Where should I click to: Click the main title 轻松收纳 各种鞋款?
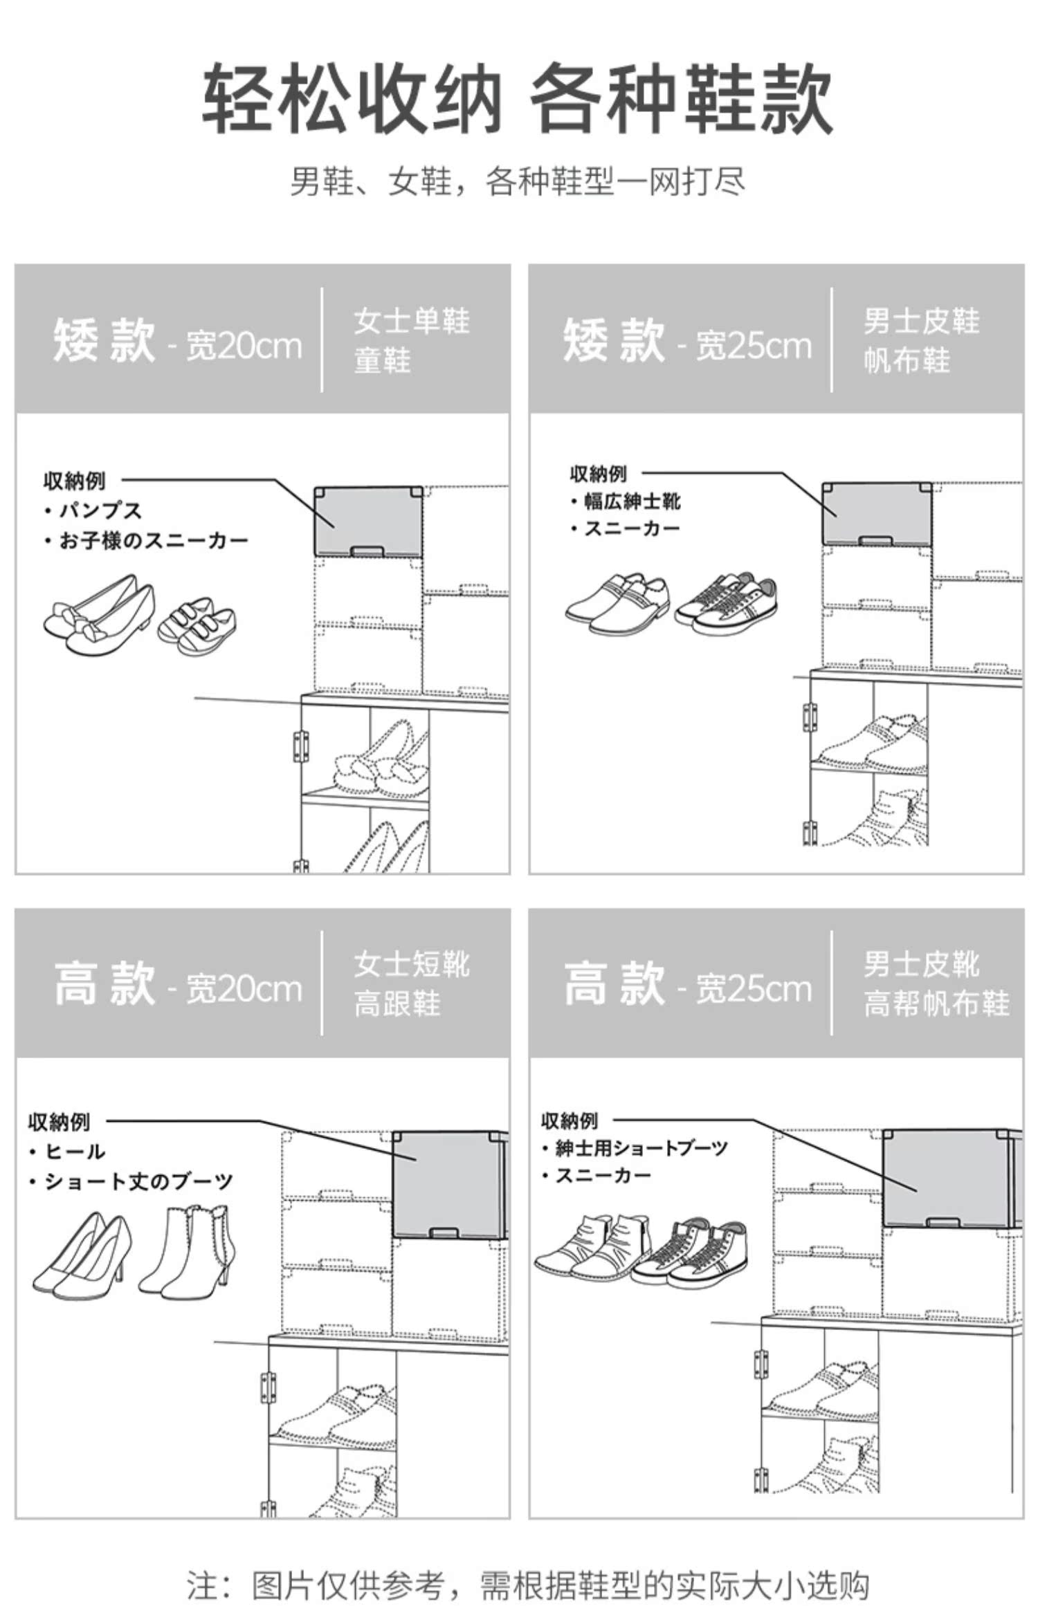pos(518,98)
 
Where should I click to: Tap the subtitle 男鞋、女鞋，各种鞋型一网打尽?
pos(518,182)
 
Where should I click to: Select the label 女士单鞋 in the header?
pos(412,321)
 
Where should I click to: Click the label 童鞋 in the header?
pos(383,360)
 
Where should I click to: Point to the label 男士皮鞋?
pos(921,321)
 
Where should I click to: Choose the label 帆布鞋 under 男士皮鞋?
pos(907,360)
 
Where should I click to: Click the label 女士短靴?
pos(412,964)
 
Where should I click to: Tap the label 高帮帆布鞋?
pos(936,1004)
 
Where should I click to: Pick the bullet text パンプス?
pos(100,511)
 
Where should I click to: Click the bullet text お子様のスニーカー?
pos(153,540)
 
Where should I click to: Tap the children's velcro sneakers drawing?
pos(197,626)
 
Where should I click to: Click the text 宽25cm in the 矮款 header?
pos(753,346)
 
